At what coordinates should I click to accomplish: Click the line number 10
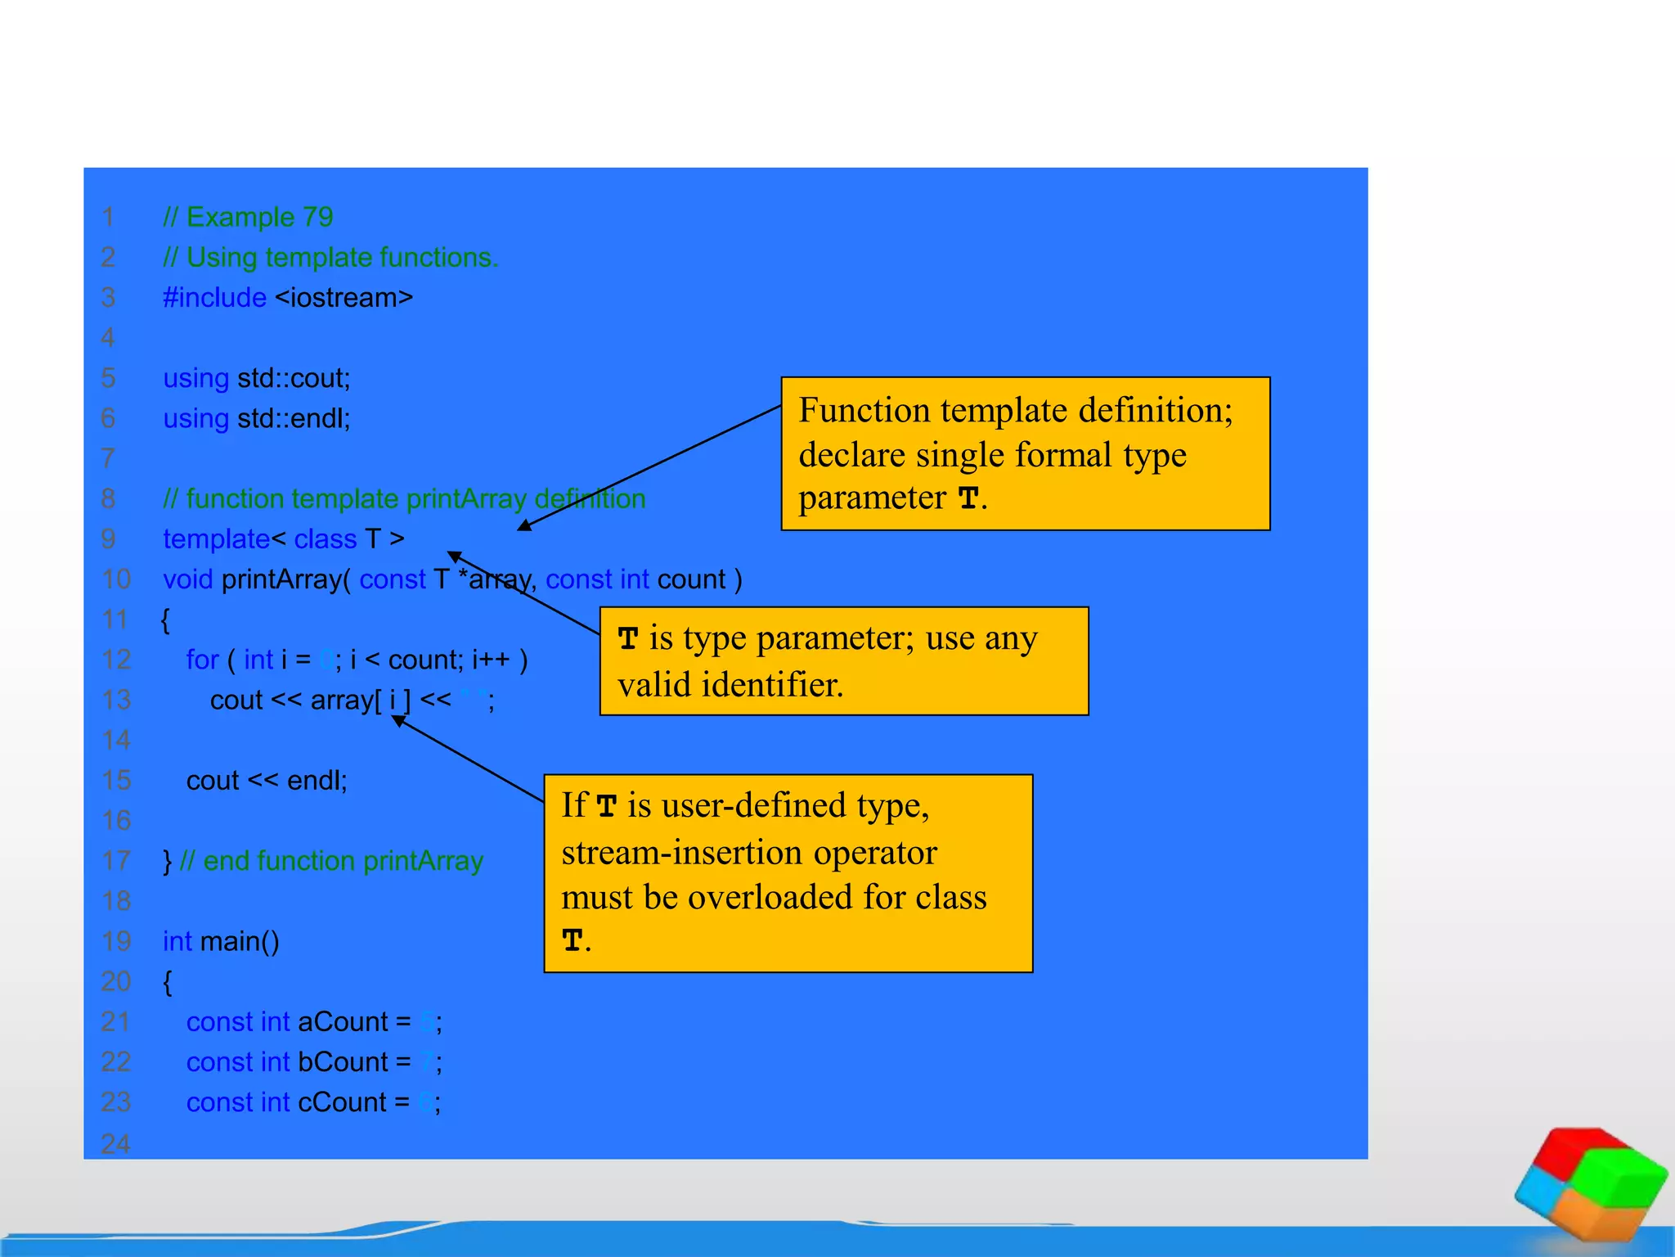115,579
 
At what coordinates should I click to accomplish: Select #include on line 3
214,297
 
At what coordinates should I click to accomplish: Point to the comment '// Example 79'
248,217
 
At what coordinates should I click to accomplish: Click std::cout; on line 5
294,378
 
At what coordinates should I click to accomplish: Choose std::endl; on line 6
294,418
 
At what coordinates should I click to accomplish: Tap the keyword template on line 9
216,539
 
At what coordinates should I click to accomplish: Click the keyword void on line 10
187,579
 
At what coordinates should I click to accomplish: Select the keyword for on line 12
202,660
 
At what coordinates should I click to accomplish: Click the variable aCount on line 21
343,1022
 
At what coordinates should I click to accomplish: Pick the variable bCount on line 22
343,1062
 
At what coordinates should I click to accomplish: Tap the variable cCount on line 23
342,1102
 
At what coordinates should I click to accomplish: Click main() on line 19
240,942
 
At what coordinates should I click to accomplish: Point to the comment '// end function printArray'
331,861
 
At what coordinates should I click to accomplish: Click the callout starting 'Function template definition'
1025,453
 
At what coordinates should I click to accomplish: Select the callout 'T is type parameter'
843,660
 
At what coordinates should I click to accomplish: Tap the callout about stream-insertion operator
788,873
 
